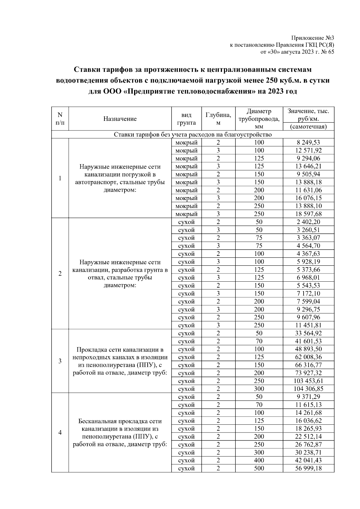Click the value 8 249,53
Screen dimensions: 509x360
pos(308,142)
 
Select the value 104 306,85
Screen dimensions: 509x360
pos(308,389)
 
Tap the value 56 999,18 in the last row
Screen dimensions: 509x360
pos(308,469)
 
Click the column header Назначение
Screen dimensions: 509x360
pos(120,119)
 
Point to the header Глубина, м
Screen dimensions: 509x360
pos(218,119)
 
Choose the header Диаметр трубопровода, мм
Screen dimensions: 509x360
pos(259,119)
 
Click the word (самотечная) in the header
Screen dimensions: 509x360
pos(308,127)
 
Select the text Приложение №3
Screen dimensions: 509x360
pos(313,38)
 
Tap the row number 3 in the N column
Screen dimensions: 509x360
pos(60,361)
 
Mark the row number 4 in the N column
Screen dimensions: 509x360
pos(60,433)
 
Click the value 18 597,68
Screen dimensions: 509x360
pos(308,214)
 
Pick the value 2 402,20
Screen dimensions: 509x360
pos(308,222)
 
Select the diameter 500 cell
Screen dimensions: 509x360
pos(259,469)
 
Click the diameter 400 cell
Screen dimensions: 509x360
pos(259,460)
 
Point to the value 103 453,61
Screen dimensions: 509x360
pos(308,381)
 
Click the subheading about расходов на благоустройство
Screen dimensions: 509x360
pos(193,134)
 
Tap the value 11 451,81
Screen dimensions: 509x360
pos(308,325)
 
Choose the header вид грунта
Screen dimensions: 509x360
pos(186,119)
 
